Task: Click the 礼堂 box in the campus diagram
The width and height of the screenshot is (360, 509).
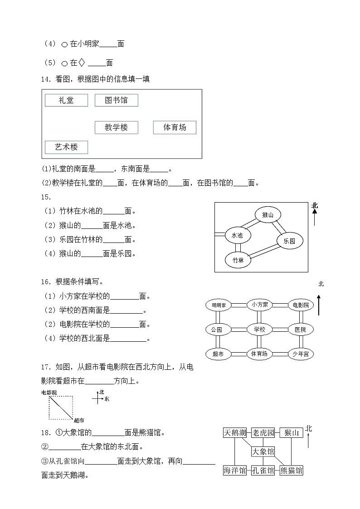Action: [x=66, y=100]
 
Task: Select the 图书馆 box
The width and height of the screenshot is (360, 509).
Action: [x=116, y=100]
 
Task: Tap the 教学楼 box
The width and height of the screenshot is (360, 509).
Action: [x=116, y=127]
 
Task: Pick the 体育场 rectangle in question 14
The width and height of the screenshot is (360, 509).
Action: [x=175, y=127]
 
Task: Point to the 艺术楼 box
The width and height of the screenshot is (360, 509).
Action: [x=66, y=147]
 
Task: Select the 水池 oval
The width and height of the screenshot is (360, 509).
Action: [x=237, y=236]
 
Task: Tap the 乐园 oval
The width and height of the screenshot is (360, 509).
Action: [x=289, y=241]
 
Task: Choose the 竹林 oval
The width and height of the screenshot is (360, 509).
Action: [x=238, y=260]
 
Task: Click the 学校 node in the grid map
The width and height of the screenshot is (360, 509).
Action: [x=259, y=330]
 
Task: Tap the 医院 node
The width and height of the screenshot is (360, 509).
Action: [x=300, y=330]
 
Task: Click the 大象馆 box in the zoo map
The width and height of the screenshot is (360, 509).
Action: [x=263, y=451]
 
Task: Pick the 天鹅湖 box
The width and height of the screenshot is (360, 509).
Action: [x=235, y=433]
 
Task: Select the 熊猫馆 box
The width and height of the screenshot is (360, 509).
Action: [x=291, y=470]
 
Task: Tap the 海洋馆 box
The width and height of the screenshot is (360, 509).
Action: [x=235, y=470]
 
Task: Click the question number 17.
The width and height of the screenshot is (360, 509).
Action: [x=46, y=366]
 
